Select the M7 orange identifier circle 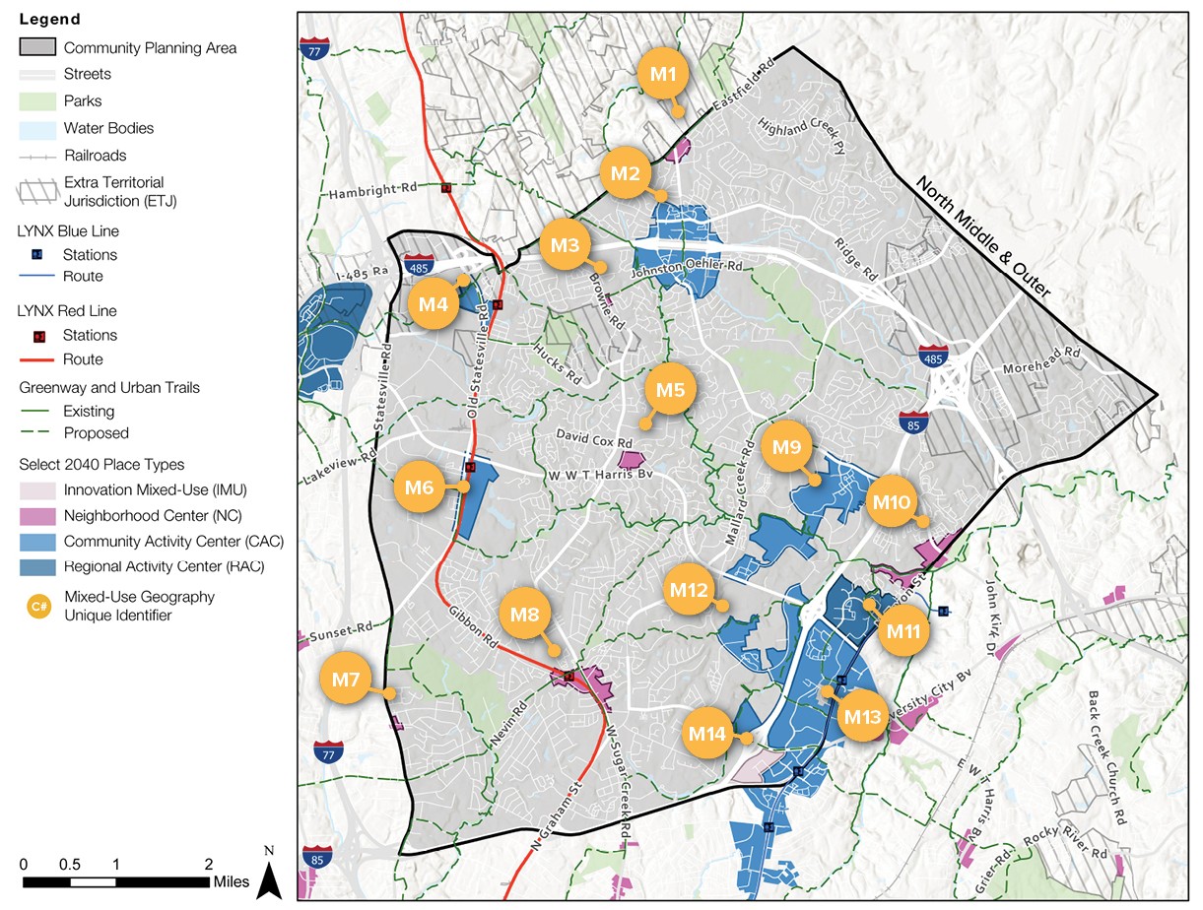coord(345,680)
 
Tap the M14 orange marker coord(707,733)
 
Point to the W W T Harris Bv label coord(598,476)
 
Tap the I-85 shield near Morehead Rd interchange coord(912,423)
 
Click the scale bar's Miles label coord(232,881)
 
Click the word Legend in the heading coord(49,20)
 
